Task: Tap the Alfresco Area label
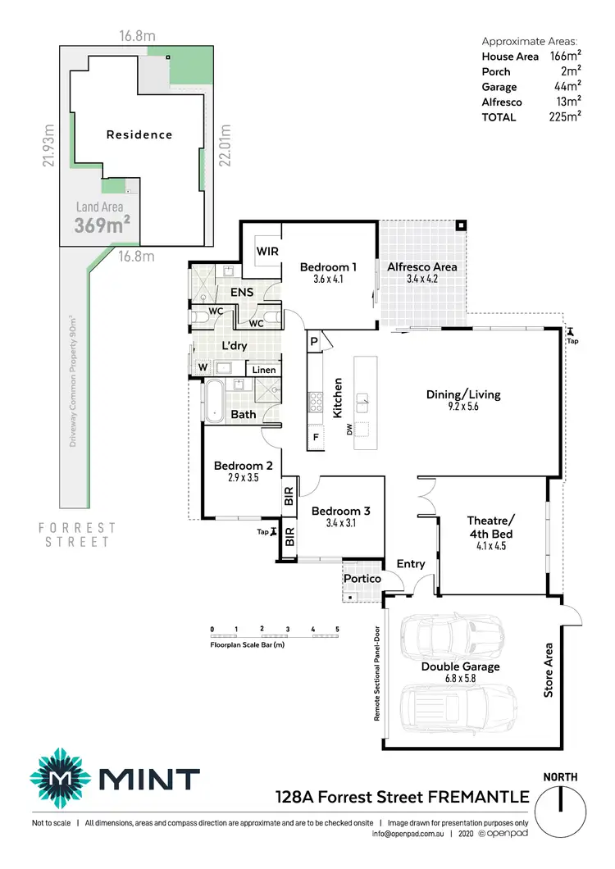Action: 422,266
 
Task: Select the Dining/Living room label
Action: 463,394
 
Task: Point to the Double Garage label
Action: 460,667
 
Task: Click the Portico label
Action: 362,579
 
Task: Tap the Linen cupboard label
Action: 263,371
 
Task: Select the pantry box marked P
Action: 314,341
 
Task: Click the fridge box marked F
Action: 314,438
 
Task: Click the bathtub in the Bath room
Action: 215,402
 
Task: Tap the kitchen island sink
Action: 362,400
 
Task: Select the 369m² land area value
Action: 102,225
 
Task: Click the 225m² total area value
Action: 565,117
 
